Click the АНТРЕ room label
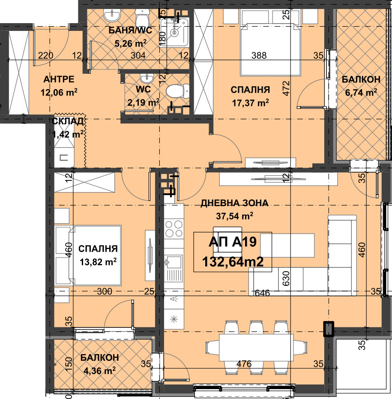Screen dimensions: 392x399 [59, 79]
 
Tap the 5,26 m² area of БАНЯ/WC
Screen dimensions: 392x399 [131, 43]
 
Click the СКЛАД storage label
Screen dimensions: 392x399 [68, 121]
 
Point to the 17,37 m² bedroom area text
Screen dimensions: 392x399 [250, 103]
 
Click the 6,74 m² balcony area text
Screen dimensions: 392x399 [361, 92]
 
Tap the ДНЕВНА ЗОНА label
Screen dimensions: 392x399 [234, 203]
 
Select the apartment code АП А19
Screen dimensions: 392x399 [233, 242]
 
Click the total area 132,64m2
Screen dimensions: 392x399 [233, 261]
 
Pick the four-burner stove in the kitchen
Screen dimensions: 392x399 [174, 228]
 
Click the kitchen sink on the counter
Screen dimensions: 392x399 [174, 262]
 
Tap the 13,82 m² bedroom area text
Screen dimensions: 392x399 [98, 261]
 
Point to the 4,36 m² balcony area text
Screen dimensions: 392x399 [99, 370]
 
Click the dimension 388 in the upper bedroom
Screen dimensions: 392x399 [259, 55]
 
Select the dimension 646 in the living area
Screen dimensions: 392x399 [262, 293]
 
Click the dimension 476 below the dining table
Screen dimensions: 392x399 [244, 364]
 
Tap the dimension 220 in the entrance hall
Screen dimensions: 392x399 [45, 55]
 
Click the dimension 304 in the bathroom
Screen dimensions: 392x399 [138, 55]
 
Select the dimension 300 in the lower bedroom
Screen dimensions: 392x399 [105, 291]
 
